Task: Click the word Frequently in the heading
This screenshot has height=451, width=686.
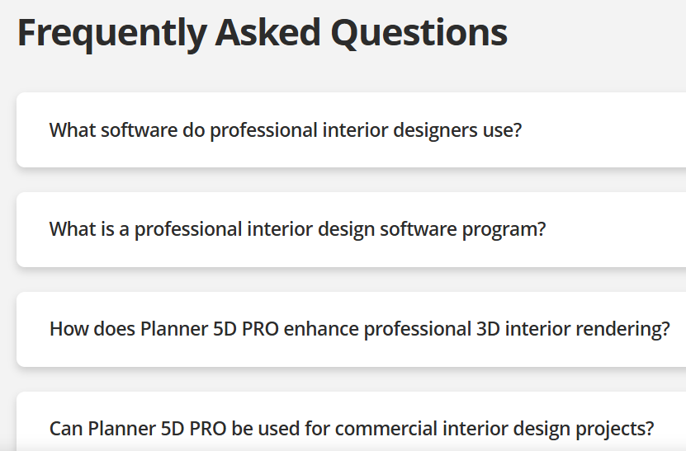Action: tap(112, 34)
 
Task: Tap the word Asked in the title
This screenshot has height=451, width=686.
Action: tap(267, 32)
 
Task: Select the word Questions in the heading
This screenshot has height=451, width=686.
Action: tap(419, 33)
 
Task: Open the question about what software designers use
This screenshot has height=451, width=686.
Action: tap(286, 130)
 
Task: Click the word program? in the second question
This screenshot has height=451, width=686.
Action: tap(504, 230)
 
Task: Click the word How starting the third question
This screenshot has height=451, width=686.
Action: tap(69, 329)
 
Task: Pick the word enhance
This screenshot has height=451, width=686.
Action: tap(321, 329)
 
